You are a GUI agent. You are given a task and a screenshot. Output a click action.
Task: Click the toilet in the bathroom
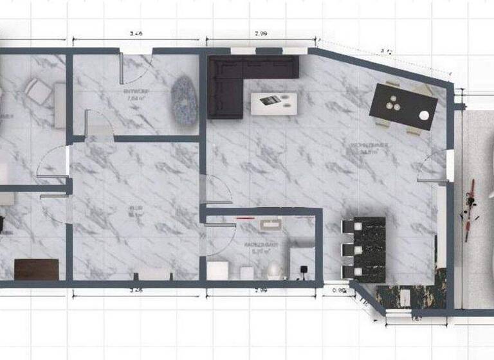(x=273, y=269)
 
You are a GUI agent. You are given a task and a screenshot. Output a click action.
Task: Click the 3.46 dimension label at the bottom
(x=136, y=290)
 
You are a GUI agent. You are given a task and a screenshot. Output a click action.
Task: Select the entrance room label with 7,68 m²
(x=136, y=96)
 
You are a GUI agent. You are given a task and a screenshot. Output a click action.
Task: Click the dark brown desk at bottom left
(x=36, y=269)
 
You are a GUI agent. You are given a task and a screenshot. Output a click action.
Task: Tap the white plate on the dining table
(x=424, y=116)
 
